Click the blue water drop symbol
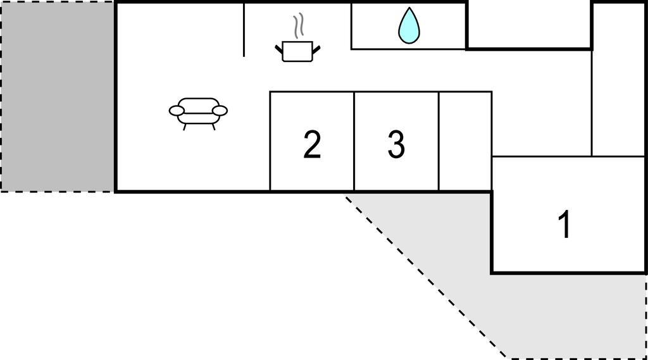coord(409,27)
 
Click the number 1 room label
coord(564,224)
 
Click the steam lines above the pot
coord(299,26)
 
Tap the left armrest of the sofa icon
coord(177,110)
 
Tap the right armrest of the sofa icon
coord(220,110)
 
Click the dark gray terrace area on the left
coord(58,96)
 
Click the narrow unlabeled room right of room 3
coord(465,141)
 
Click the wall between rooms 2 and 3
coord(354,141)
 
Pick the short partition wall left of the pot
coord(244,30)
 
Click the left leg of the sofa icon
coord(184,127)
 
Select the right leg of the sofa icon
coord(214,127)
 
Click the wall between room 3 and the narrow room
coord(439,141)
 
